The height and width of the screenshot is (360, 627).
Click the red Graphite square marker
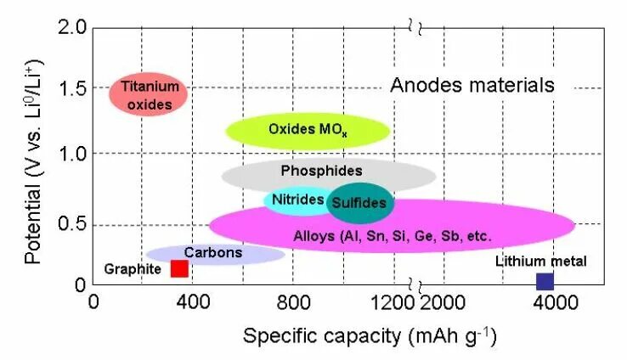click(179, 268)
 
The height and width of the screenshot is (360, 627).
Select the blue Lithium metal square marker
click(545, 281)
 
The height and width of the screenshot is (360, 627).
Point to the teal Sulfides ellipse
click(360, 203)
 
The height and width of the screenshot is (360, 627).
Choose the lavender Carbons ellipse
click(214, 253)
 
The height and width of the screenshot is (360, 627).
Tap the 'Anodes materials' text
click(472, 86)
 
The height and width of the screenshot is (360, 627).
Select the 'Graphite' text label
click(133, 269)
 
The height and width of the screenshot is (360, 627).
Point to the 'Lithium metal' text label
click(540, 261)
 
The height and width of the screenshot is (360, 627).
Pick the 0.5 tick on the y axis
click(71, 224)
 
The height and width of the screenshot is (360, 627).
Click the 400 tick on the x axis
click(194, 302)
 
